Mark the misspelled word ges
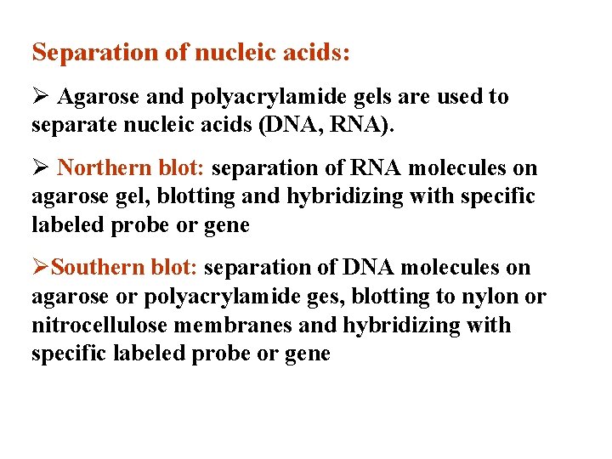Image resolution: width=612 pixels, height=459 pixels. [x=340, y=297]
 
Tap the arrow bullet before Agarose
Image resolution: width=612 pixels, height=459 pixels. [x=40, y=98]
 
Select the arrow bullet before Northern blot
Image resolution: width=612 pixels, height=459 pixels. [x=40, y=168]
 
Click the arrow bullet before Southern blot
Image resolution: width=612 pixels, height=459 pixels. [x=40, y=268]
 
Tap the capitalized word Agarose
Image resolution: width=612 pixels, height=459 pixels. [x=96, y=98]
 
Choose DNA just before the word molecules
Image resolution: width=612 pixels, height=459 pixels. [x=369, y=268]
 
